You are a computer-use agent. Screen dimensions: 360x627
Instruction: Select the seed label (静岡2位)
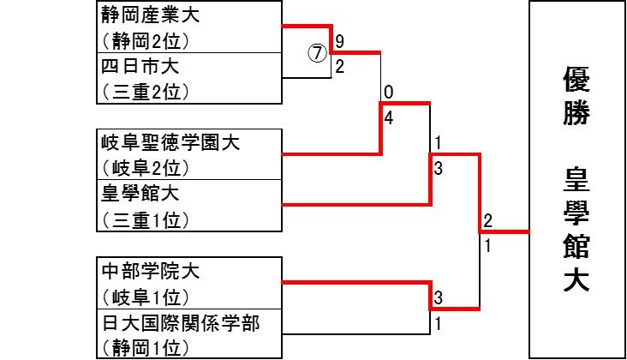click(x=145, y=40)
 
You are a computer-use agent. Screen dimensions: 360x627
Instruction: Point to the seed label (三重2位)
click(x=145, y=91)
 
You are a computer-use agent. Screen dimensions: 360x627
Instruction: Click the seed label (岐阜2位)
click(x=145, y=167)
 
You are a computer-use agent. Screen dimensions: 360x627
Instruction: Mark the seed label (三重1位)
click(x=145, y=219)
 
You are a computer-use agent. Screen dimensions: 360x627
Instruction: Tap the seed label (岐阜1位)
click(x=145, y=297)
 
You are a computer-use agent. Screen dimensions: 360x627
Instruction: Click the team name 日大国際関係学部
click(x=179, y=323)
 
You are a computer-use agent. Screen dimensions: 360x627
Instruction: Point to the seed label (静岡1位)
click(x=145, y=348)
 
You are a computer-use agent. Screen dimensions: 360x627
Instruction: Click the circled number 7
click(x=318, y=52)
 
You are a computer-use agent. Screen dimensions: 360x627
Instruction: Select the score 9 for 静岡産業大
click(x=340, y=41)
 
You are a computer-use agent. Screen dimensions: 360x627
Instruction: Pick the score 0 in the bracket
click(x=389, y=92)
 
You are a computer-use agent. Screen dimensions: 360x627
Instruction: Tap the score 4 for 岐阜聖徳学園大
click(x=389, y=118)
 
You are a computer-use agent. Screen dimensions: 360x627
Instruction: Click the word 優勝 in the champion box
click(x=576, y=98)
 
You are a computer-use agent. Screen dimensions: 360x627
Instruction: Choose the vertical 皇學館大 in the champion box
click(x=576, y=231)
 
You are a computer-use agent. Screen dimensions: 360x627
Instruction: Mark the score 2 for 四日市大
click(x=340, y=66)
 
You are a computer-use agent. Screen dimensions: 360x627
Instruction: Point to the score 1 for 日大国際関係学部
click(x=437, y=324)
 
